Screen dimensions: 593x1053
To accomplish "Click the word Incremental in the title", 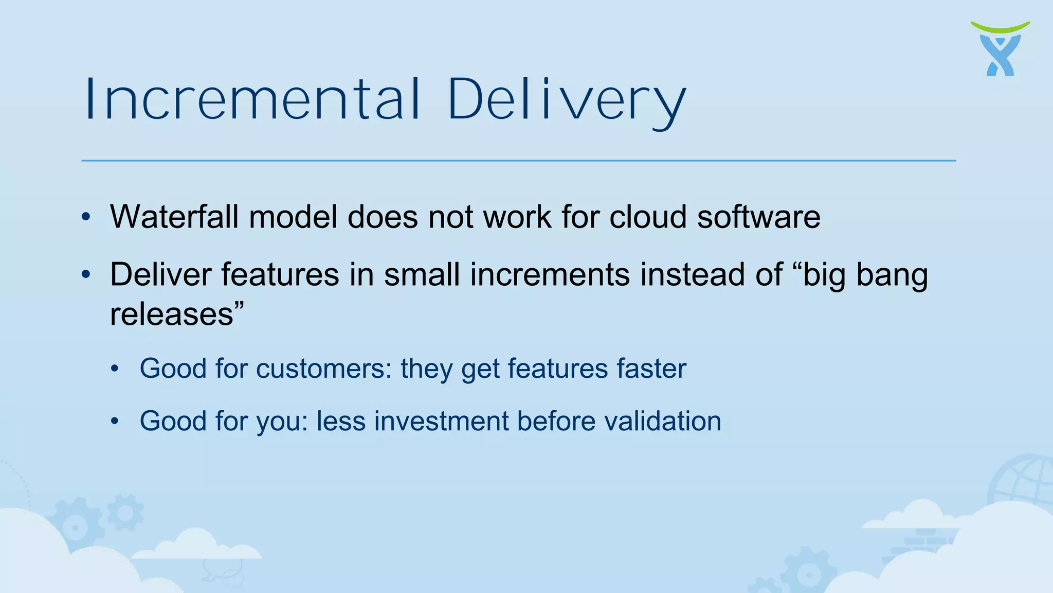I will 252,99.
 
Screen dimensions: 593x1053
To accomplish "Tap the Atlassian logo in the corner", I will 1000,49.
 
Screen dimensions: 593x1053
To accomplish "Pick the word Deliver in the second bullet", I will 160,274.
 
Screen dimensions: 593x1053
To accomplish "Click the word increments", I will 550,274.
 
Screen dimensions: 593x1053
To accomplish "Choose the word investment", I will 441,421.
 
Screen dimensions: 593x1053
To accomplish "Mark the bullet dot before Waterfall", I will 86,217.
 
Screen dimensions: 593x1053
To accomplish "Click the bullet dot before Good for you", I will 115,422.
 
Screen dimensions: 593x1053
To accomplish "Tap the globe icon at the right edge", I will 1023,481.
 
